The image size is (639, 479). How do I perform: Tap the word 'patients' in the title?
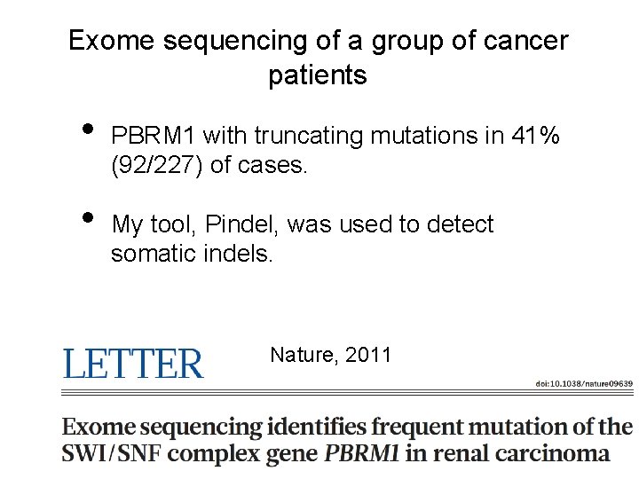[317, 76]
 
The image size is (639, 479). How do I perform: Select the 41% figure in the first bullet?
[536, 137]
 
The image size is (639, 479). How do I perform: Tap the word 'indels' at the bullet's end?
[241, 254]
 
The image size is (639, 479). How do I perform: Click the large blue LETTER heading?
[132, 364]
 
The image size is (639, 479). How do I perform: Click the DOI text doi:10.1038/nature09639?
[583, 383]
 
